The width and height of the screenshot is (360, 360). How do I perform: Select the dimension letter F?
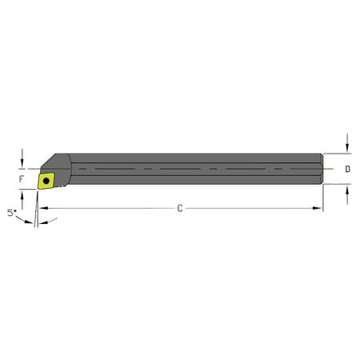coord(22,181)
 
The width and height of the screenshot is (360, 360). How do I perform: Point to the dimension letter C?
coord(180,208)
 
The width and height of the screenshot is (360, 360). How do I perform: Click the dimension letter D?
coord(346,170)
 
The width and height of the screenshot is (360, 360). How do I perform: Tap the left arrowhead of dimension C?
coord(42,208)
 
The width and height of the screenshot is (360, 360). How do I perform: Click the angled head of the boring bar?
coord(62,164)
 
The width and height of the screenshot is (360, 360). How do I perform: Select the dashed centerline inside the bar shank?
coord(192,170)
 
